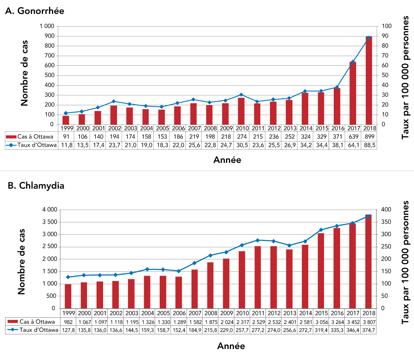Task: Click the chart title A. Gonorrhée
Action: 35,11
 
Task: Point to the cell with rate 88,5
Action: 369,145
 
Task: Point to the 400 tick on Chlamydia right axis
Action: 387,210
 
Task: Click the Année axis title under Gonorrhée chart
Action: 228,160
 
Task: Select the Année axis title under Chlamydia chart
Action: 231,346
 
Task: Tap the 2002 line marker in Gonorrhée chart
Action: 113,101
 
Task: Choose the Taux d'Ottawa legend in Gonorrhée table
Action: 32,145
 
